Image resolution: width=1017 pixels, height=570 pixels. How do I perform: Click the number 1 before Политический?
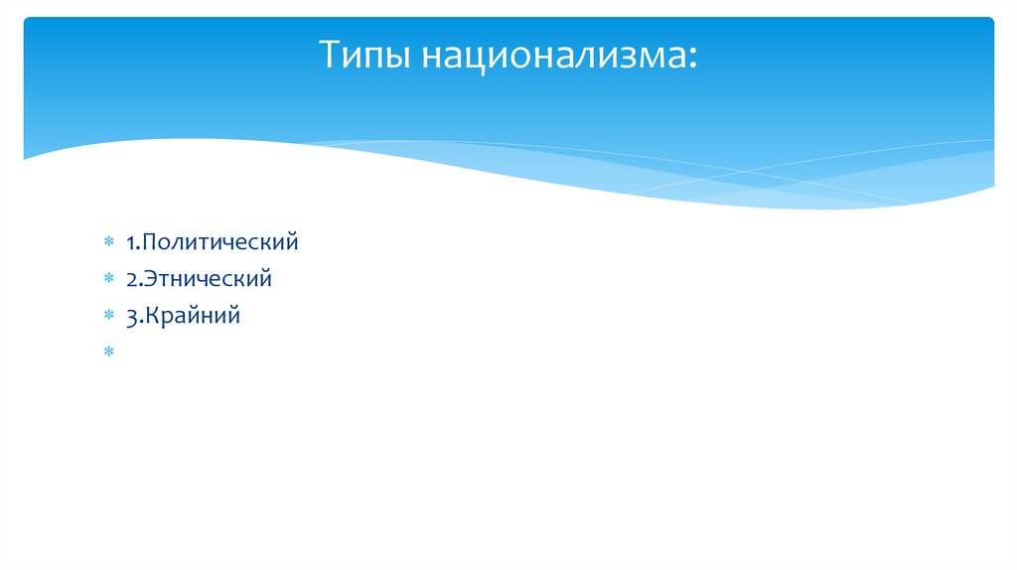(x=130, y=241)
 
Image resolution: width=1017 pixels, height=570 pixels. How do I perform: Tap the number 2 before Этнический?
(x=131, y=279)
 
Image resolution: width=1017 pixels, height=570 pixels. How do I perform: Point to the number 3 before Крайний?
(x=131, y=317)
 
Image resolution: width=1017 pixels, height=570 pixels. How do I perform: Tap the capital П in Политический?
(x=149, y=241)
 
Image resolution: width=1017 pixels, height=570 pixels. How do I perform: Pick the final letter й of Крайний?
(x=234, y=317)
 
